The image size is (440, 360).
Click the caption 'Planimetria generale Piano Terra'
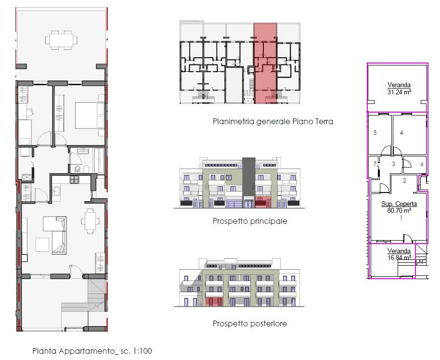(x=273, y=121)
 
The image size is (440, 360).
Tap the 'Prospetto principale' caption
(x=250, y=221)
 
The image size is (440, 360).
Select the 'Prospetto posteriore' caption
(x=250, y=323)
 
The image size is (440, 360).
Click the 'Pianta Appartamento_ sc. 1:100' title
(x=92, y=351)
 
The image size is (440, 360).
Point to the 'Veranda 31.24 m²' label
(x=399, y=89)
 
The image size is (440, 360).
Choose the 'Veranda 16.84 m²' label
(x=399, y=254)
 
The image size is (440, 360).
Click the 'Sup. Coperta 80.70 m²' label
(x=399, y=207)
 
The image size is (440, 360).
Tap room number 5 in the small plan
(x=375, y=133)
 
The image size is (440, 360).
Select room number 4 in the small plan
(x=401, y=133)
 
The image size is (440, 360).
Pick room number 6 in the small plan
(x=422, y=164)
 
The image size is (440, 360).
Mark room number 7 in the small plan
(x=375, y=164)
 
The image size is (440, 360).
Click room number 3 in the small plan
(x=393, y=164)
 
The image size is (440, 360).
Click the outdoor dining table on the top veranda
(x=62, y=40)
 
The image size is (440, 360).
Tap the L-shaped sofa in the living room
(x=55, y=235)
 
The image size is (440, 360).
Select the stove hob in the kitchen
(x=74, y=180)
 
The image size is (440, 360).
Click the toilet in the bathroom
(x=78, y=169)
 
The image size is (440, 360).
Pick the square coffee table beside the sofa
(x=42, y=244)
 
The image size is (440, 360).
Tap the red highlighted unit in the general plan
(x=265, y=64)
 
